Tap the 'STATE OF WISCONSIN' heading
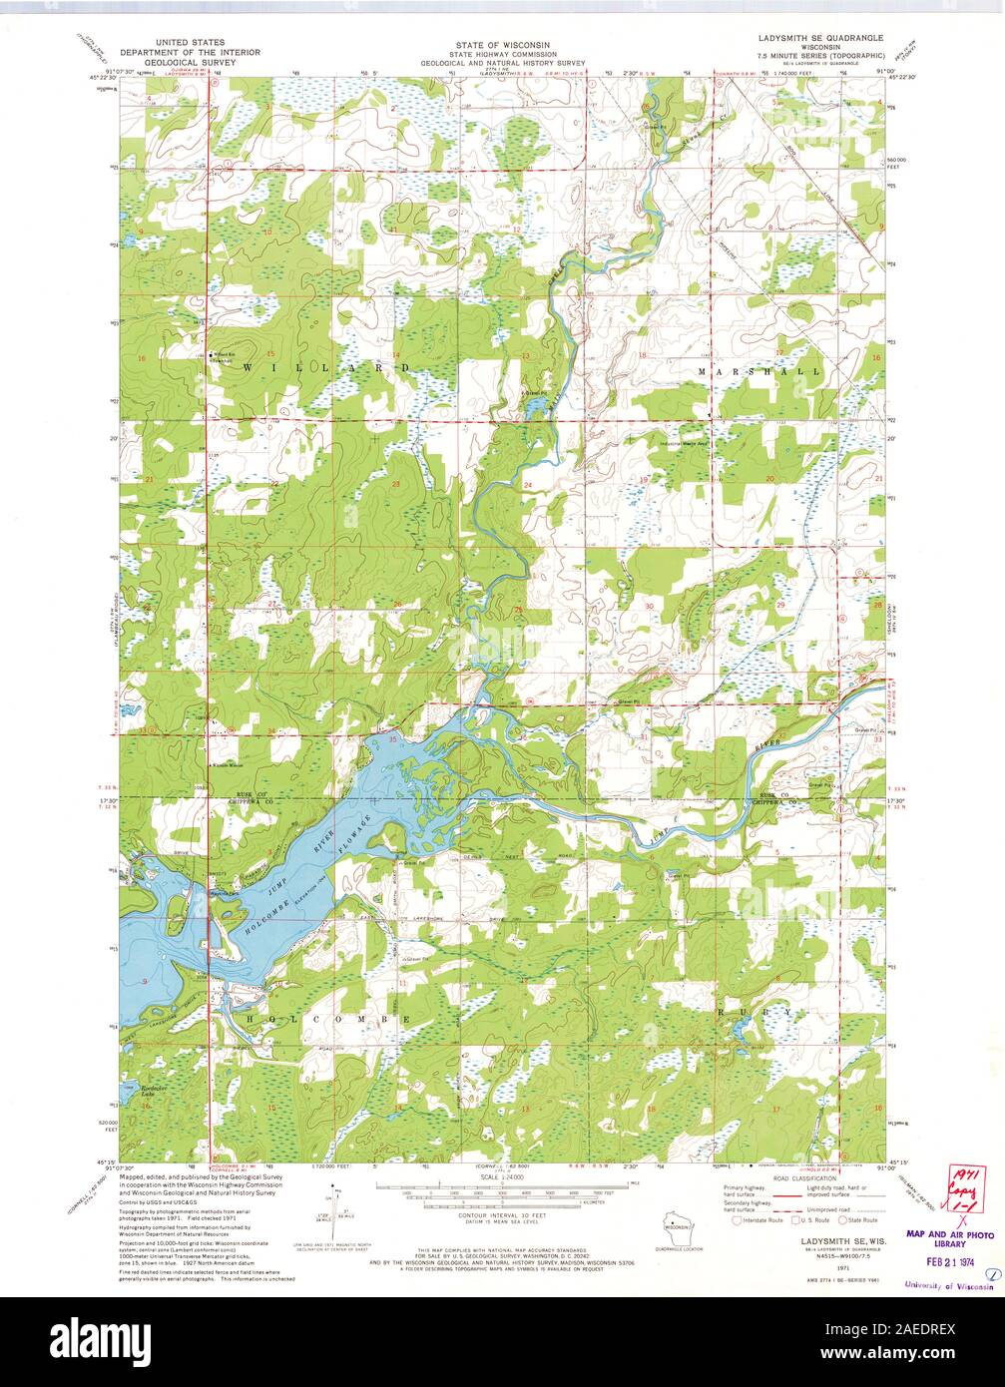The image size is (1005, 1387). point(502,45)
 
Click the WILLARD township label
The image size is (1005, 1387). point(326,368)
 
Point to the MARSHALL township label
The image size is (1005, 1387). point(760,371)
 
